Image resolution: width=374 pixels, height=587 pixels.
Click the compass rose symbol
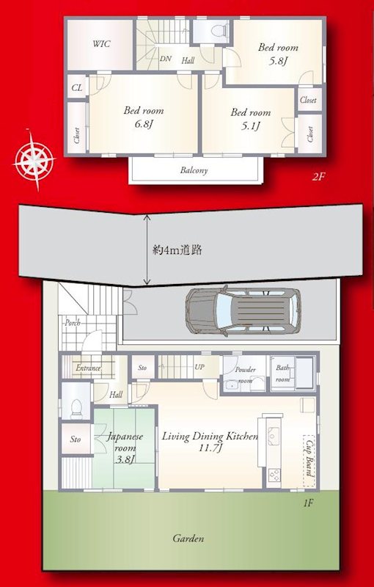(x=34, y=160)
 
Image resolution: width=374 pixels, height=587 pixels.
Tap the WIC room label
(x=101, y=44)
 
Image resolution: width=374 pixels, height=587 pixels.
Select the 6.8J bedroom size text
(x=144, y=123)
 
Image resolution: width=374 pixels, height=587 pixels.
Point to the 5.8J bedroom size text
(x=278, y=61)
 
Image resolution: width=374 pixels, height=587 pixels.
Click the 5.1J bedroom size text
(x=250, y=125)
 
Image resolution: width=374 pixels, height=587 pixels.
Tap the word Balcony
(x=194, y=170)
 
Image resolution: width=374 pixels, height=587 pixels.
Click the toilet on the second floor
(x=218, y=31)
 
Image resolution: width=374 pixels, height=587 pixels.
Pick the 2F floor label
(x=318, y=177)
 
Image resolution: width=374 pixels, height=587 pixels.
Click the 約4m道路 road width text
(x=177, y=250)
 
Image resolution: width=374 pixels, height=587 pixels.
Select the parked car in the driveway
(x=243, y=311)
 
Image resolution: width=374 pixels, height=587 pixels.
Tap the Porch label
(x=73, y=322)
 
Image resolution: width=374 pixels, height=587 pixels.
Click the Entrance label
(x=88, y=368)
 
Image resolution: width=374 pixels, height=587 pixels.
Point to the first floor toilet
(x=77, y=409)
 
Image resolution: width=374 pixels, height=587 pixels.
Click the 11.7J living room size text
(x=212, y=448)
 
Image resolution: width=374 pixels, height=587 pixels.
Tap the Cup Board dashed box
(x=309, y=461)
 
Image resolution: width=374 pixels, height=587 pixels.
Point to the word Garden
(x=188, y=539)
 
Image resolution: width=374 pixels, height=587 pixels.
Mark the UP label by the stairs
(x=199, y=367)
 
